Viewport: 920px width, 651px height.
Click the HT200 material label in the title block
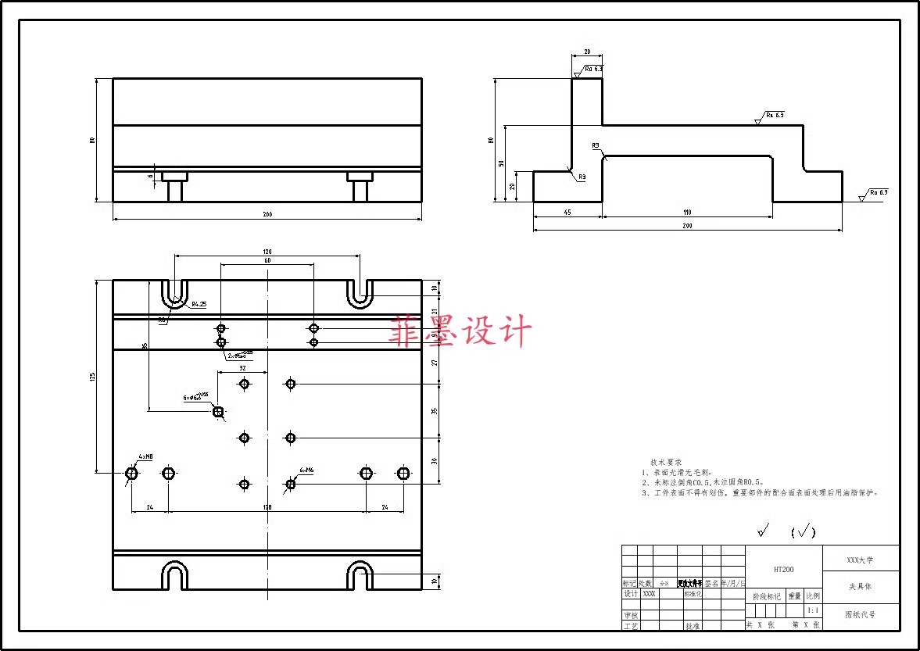point(784,570)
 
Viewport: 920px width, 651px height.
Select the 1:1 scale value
point(813,610)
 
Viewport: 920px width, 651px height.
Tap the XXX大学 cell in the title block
point(860,560)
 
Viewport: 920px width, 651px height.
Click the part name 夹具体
point(860,586)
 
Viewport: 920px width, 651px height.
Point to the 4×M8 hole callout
point(145,456)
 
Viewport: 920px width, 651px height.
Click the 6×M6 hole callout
point(306,470)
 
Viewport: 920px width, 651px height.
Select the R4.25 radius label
point(199,304)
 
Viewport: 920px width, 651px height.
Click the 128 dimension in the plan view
point(267,508)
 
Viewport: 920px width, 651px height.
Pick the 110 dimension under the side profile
point(687,213)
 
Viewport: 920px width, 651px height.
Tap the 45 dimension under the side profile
point(567,213)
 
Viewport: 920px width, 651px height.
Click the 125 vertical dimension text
point(92,377)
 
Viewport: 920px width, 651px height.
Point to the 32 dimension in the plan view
point(242,367)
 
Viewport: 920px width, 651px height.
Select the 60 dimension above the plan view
point(267,260)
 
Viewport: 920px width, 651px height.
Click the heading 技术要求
point(667,463)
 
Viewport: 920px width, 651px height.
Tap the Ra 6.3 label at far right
point(879,192)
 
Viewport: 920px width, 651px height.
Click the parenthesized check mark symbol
point(803,533)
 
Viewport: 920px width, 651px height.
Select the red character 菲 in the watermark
point(406,331)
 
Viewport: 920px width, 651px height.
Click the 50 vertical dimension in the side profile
point(501,163)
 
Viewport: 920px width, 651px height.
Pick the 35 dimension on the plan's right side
point(435,410)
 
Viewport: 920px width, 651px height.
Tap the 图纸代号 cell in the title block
point(860,615)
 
